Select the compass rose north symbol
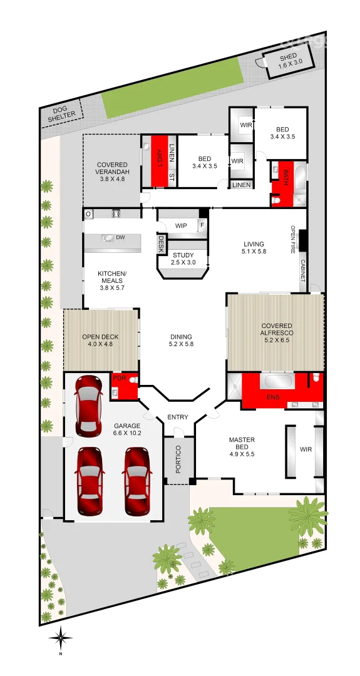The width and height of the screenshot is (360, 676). click(x=61, y=639)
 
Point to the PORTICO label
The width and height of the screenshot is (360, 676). click(x=178, y=459)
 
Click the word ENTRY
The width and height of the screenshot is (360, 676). click(x=178, y=417)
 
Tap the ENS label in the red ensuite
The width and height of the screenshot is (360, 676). click(x=273, y=397)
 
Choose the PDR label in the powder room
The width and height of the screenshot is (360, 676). click(x=119, y=378)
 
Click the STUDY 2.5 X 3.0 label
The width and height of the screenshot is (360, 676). click(x=183, y=259)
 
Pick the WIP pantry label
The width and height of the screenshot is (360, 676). click(x=182, y=225)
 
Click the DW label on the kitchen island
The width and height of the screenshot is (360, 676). click(x=120, y=237)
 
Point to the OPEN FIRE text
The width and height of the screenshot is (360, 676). click(x=292, y=239)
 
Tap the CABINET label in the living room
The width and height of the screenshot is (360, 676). click(x=302, y=270)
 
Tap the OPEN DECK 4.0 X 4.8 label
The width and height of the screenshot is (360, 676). click(x=100, y=341)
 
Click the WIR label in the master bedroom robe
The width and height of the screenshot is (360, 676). click(x=306, y=449)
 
